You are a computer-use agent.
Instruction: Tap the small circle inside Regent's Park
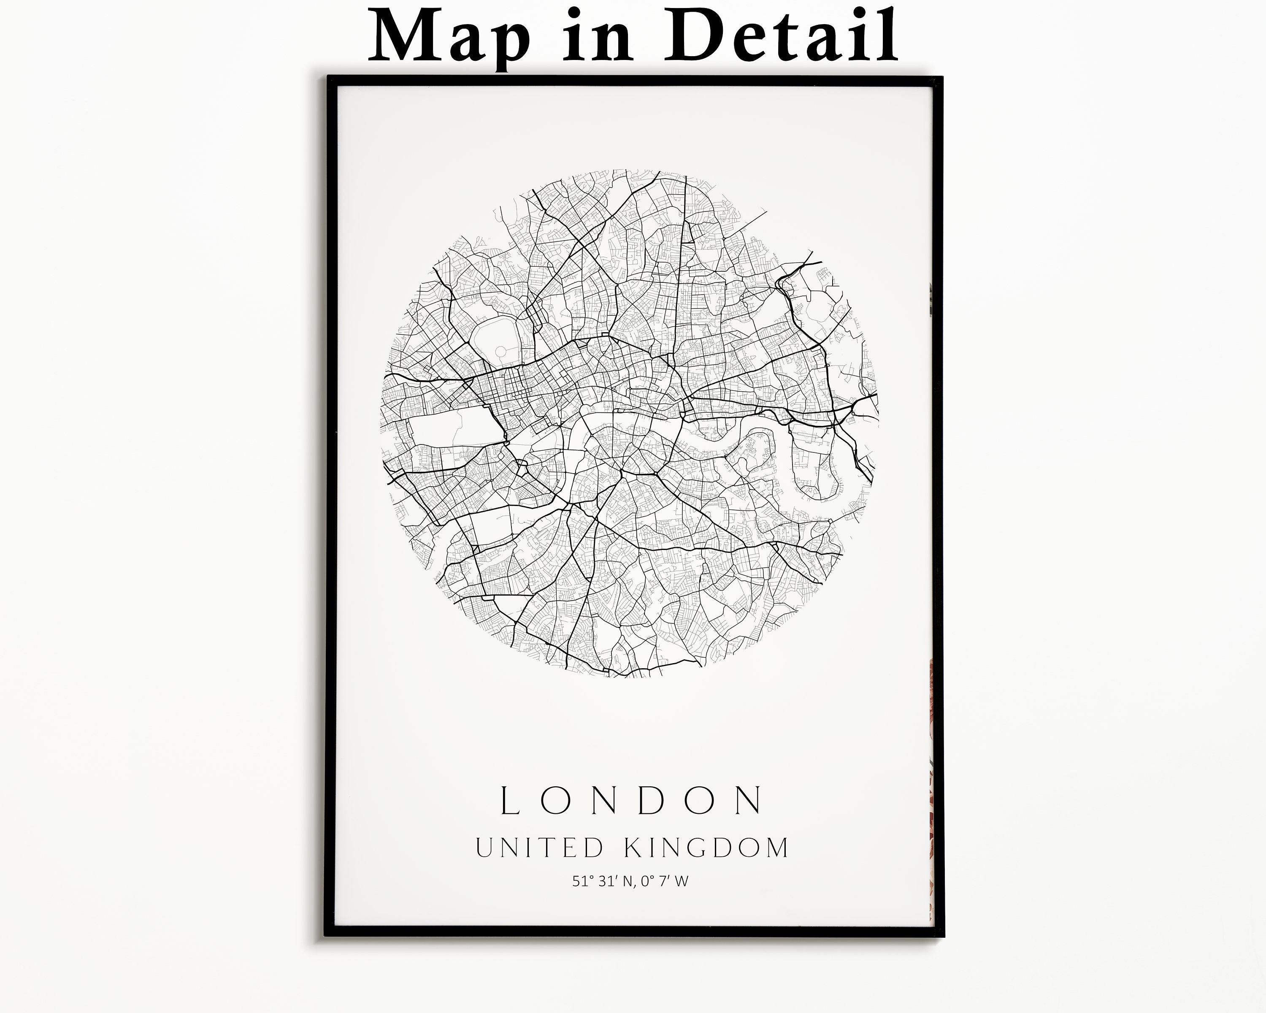[x=500, y=351]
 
